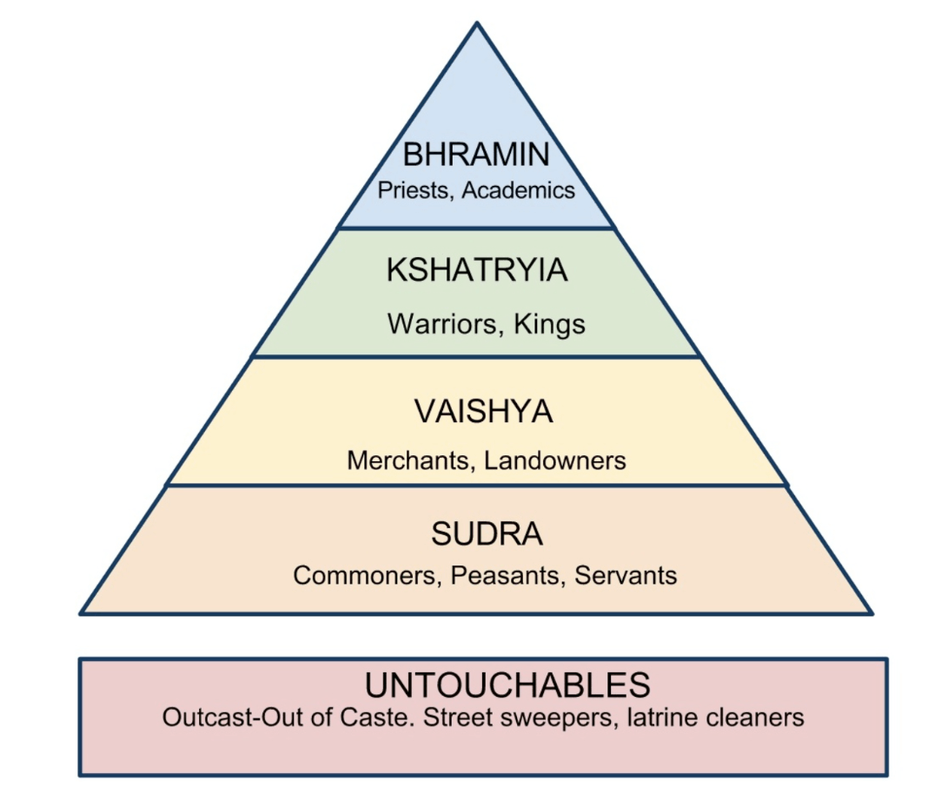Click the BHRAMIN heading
(x=476, y=155)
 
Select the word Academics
(x=519, y=190)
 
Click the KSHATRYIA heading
(x=477, y=270)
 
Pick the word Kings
(x=550, y=324)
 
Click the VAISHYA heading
(x=483, y=411)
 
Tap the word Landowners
(x=555, y=460)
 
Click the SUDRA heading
(x=487, y=534)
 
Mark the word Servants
(x=626, y=575)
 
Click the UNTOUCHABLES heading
(x=507, y=685)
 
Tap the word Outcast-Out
(x=237, y=718)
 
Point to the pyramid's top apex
(x=477, y=24)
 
